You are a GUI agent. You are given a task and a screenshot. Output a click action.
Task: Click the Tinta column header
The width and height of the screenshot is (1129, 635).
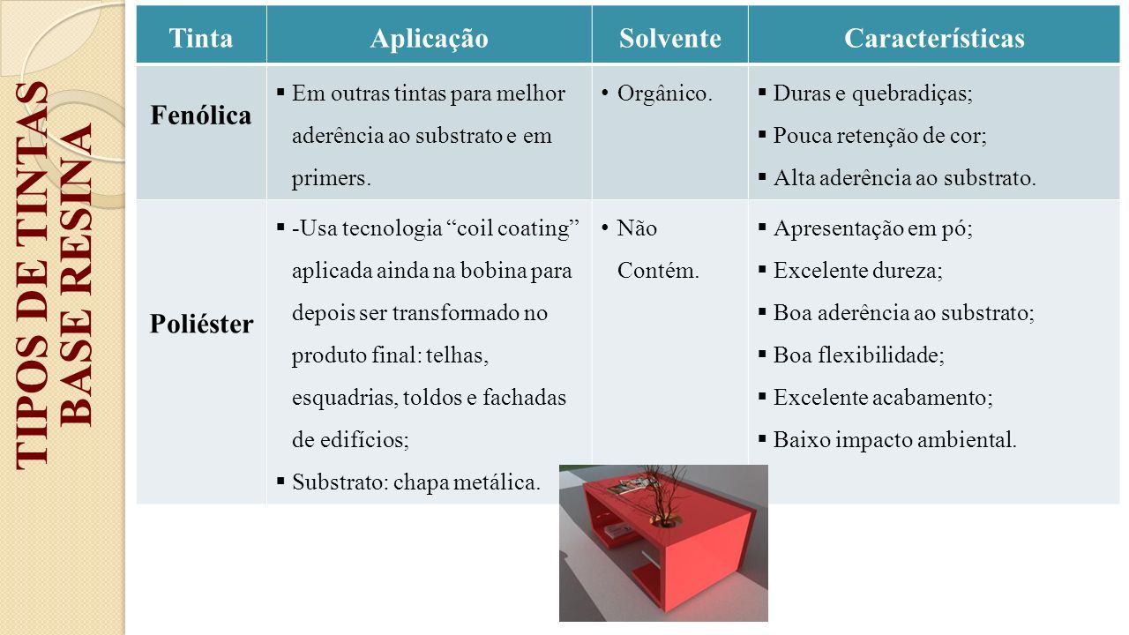point(200,38)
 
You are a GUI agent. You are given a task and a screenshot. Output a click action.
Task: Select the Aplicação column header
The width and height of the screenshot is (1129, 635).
point(429,39)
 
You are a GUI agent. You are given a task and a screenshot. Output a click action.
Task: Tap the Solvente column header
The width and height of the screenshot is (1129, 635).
point(669,38)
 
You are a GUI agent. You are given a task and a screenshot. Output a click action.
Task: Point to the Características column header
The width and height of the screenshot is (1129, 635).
point(934,38)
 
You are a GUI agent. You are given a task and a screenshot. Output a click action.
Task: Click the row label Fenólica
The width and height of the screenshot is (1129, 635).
point(200,116)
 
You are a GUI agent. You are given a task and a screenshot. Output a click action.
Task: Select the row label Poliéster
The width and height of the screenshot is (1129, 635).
point(201,324)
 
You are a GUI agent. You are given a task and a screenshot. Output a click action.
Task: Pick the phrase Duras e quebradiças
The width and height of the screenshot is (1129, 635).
point(872,93)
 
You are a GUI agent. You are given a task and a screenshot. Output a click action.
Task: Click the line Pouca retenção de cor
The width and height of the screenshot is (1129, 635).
point(879,136)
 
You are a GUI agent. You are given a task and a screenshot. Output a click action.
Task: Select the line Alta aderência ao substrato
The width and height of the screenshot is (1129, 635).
point(904,178)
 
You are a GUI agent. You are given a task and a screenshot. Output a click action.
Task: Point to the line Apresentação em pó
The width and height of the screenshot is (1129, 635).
point(872,228)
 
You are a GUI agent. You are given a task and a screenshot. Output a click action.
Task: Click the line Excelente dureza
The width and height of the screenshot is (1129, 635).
point(857,271)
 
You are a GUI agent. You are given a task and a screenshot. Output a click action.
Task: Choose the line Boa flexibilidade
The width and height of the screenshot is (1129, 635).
point(858,355)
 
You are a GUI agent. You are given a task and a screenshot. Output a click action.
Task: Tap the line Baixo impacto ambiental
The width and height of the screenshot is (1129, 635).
point(894,440)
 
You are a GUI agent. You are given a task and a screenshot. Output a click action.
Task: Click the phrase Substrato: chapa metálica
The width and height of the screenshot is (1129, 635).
point(415,482)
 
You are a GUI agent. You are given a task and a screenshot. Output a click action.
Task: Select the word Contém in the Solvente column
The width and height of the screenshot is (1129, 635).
point(658,271)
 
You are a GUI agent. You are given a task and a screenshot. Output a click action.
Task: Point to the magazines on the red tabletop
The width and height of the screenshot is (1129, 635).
point(628,486)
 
